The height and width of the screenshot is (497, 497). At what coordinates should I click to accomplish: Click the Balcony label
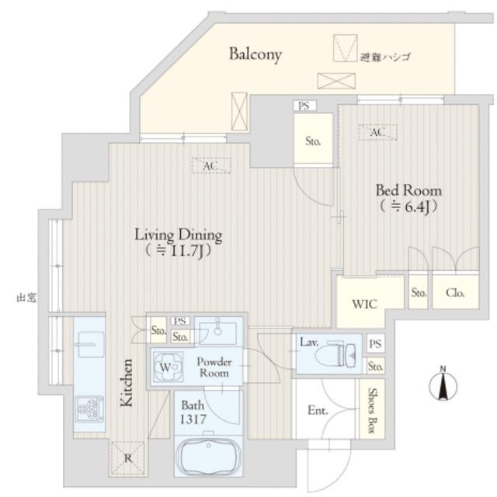pyautogui.click(x=255, y=54)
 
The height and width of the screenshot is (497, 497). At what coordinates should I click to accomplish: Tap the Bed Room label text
pyautogui.click(x=408, y=190)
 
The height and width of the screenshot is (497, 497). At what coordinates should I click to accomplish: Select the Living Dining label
pyautogui.click(x=179, y=235)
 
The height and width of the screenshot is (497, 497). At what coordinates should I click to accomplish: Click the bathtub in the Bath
pyautogui.click(x=209, y=457)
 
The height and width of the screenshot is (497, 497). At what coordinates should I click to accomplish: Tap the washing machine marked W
pyautogui.click(x=168, y=367)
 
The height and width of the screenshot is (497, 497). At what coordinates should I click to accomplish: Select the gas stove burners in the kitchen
pyautogui.click(x=90, y=409)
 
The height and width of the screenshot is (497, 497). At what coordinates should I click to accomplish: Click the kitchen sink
pyautogui.click(x=90, y=344)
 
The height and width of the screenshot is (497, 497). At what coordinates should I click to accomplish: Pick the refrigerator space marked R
pyautogui.click(x=127, y=458)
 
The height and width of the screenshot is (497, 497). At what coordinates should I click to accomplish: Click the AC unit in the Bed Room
pyautogui.click(x=377, y=132)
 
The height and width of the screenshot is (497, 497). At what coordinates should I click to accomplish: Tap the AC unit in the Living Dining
pyautogui.click(x=211, y=165)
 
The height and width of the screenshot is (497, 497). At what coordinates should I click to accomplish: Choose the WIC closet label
pyautogui.click(x=365, y=304)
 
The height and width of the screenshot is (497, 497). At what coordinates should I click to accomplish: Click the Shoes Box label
pyautogui.click(x=373, y=410)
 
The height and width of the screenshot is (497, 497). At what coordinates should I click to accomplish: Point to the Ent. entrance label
pyautogui.click(x=318, y=411)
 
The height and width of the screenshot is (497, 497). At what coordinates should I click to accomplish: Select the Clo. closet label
pyautogui.click(x=455, y=293)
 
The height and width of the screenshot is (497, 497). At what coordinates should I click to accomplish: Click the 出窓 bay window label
pyautogui.click(x=26, y=297)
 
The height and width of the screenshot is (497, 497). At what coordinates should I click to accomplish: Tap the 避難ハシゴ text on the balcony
pyautogui.click(x=385, y=57)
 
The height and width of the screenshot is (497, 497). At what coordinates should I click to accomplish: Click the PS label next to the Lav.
pyautogui.click(x=375, y=343)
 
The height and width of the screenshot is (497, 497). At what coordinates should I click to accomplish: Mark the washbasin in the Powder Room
pyautogui.click(x=217, y=332)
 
